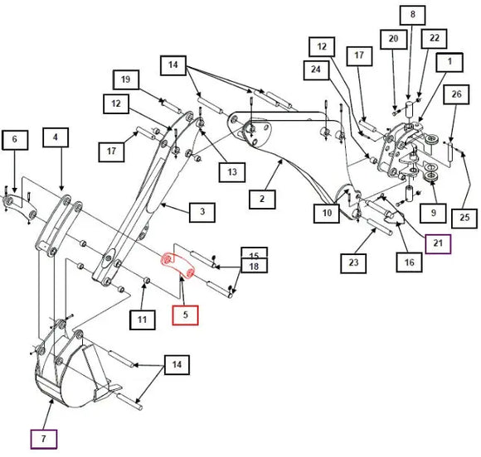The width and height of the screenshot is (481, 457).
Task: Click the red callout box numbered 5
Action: pyautogui.click(x=185, y=315)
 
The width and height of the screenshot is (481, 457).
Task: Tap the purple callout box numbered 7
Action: pyautogui.click(x=44, y=440)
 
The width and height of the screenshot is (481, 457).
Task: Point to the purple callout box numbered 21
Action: pyautogui.click(x=438, y=243)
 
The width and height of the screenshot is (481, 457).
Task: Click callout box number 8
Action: pyautogui.click(x=413, y=15)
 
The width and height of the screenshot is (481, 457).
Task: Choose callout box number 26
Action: pyautogui.click(x=456, y=94)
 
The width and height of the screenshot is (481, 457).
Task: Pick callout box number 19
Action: pyautogui.click(x=126, y=79)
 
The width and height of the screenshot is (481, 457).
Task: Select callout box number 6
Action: pyautogui.click(x=15, y=140)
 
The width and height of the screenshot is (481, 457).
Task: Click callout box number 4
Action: pyautogui.click(x=56, y=137)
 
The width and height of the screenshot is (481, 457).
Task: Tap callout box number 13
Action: pyautogui.click(x=232, y=172)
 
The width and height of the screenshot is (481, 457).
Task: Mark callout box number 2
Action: pyautogui.click(x=262, y=200)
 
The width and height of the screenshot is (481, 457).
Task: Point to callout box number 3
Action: pyautogui.click(x=202, y=212)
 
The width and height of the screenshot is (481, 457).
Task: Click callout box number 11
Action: pyautogui.click(x=143, y=320)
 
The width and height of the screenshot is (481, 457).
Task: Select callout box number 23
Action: pyautogui.click(x=353, y=263)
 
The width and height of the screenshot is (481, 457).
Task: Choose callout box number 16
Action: pyautogui.click(x=409, y=262)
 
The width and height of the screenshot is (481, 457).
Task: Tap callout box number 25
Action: pyautogui.click(x=464, y=219)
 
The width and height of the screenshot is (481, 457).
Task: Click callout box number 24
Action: pyautogui.click(x=316, y=70)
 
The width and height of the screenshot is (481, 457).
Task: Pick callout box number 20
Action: pyautogui.click(x=394, y=39)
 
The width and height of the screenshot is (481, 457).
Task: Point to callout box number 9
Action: pyautogui.click(x=434, y=214)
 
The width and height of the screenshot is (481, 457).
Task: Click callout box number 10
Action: pyautogui.click(x=327, y=214)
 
